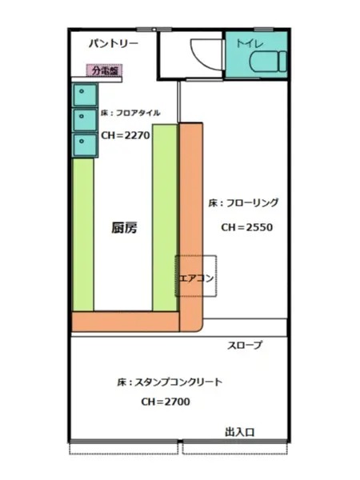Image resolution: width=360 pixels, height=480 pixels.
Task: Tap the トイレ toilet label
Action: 245,42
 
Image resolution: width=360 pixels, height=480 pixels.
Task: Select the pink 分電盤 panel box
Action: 105,70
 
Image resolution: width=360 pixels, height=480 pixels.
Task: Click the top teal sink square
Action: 83,94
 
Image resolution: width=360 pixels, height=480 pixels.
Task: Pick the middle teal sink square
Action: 83,120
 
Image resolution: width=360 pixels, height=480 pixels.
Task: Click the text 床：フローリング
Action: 242,202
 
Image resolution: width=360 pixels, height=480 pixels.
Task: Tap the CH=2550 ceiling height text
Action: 246,227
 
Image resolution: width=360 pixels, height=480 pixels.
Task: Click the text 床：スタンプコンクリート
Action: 169,382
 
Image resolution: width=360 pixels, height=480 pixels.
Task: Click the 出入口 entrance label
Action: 239,432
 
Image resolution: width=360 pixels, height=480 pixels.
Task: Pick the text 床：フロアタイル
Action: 130,114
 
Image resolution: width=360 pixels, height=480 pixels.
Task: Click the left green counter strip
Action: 82,235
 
